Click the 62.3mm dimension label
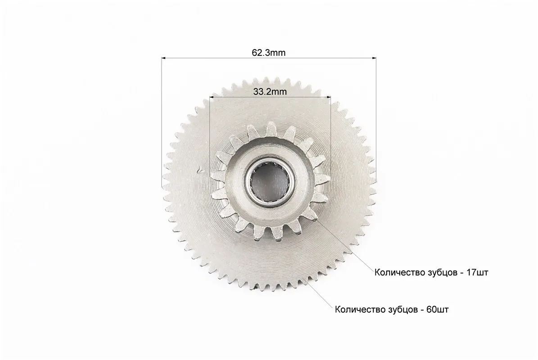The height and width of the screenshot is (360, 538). click(x=268, y=53)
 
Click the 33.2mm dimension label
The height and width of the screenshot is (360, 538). click(x=270, y=92)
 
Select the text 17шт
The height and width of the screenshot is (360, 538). click(x=477, y=273)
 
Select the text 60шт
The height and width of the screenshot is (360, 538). click(x=437, y=310)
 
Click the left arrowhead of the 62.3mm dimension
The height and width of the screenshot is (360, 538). click(x=164, y=58)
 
